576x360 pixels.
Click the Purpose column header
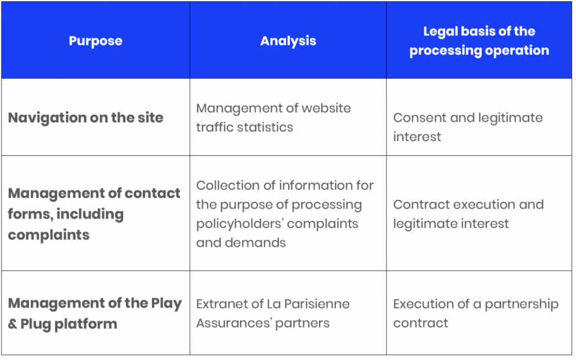pyautogui.click(x=96, y=40)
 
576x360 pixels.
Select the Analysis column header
pyautogui.click(x=288, y=40)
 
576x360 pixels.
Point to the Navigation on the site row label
pyautogui.click(x=85, y=118)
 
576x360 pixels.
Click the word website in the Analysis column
pyautogui.click(x=326, y=108)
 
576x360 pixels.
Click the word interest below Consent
pyautogui.click(x=417, y=137)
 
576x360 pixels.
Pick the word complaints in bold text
pyautogui.click(x=49, y=235)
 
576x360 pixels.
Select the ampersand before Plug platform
pyautogui.click(x=12, y=324)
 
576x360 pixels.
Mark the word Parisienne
pyautogui.click(x=317, y=304)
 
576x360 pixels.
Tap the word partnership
pyautogui.click(x=521, y=304)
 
